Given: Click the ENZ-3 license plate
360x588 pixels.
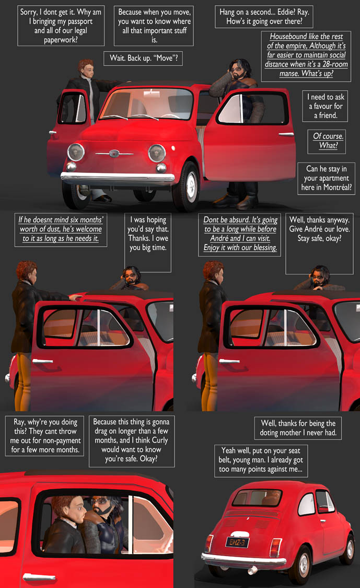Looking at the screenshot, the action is (x=237, y=542).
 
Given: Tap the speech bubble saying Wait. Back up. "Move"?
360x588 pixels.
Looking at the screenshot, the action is (x=143, y=59).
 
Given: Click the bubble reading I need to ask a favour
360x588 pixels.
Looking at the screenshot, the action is (x=325, y=106).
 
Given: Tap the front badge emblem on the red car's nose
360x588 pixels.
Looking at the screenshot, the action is (x=113, y=153).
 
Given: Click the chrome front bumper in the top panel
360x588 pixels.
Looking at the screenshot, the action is (x=118, y=177).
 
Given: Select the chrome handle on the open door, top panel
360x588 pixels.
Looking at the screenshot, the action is (x=286, y=134).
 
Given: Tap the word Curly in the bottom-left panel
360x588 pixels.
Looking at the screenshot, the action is (x=159, y=440).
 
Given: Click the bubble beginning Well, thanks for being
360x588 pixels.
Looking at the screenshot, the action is (x=298, y=428).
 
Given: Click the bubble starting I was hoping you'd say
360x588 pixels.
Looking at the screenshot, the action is (x=148, y=243).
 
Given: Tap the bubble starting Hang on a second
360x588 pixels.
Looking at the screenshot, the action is (x=264, y=17).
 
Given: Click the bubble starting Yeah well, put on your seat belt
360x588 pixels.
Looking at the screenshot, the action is (x=261, y=461).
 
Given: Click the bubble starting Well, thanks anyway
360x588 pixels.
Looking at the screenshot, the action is (x=319, y=244).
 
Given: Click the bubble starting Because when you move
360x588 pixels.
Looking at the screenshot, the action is (x=154, y=26).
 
